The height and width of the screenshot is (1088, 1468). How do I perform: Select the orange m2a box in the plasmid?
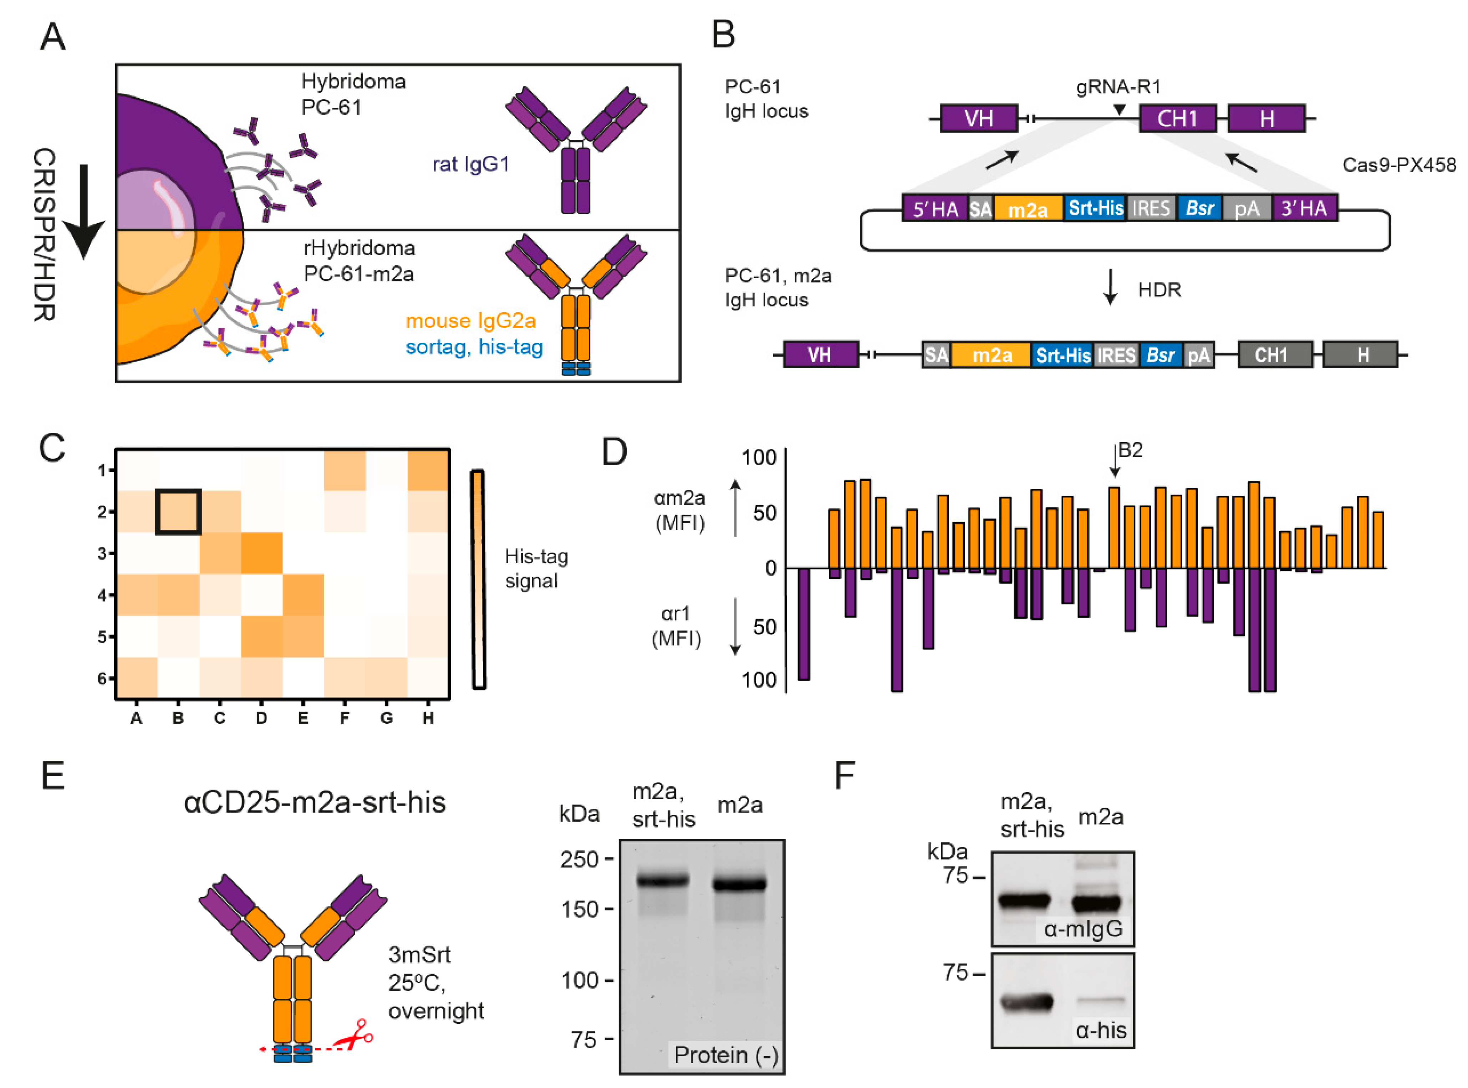tap(1028, 209)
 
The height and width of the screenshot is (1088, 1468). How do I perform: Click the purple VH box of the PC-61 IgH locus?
tap(979, 118)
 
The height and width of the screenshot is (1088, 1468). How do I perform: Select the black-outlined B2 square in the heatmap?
tap(178, 511)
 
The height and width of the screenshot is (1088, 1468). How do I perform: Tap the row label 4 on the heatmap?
tap(102, 595)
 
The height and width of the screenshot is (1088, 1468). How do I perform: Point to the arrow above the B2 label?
tap(1114, 461)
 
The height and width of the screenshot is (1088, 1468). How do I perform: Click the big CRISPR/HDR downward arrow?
tap(84, 211)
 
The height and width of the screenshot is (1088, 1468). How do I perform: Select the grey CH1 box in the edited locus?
tap(1270, 355)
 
